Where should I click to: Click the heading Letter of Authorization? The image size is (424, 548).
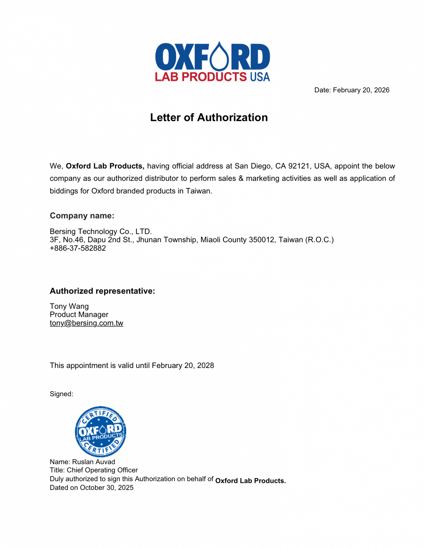pos(209,117)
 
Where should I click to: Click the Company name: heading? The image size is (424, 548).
pos(82,216)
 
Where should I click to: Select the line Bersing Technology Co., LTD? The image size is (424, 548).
pos(101,231)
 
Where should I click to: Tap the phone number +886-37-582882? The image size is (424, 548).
pos(78,248)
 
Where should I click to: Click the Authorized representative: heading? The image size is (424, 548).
pos(102,291)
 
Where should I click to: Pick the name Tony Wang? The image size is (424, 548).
pos(69,306)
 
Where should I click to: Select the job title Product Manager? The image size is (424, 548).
pos(79,314)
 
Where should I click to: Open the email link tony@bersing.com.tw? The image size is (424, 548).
pos(86,323)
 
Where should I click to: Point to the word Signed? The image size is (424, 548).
pos(61,394)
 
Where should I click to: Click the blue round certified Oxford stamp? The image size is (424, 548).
pos(100,432)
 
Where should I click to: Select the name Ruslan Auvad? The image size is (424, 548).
pos(93,462)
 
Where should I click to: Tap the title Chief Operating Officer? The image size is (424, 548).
pos(102,470)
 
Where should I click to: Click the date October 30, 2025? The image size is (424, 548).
pos(107,487)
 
